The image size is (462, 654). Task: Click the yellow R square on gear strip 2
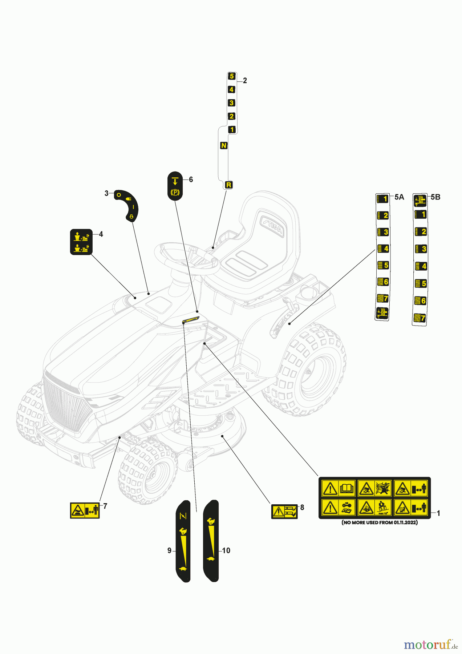[228, 185]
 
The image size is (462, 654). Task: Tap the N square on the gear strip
[224, 145]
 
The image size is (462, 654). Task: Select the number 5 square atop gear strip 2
[232, 76]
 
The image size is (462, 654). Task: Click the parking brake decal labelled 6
[175, 186]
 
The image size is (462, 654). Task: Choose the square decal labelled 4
[81, 242]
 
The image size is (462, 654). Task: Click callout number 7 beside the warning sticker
[105, 506]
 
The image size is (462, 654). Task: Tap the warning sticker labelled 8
[284, 512]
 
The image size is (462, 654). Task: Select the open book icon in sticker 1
[346, 488]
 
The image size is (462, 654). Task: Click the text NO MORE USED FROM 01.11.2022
[380, 522]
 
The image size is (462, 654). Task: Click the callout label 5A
[399, 197]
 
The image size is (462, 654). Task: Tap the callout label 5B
[435, 197]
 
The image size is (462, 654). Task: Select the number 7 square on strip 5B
[420, 318]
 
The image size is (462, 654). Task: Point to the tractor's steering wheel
[187, 259]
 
